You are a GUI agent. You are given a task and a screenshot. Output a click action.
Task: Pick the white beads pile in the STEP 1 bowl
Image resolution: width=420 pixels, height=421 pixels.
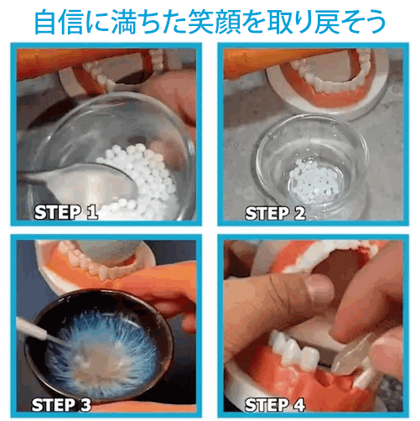[143, 172]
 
